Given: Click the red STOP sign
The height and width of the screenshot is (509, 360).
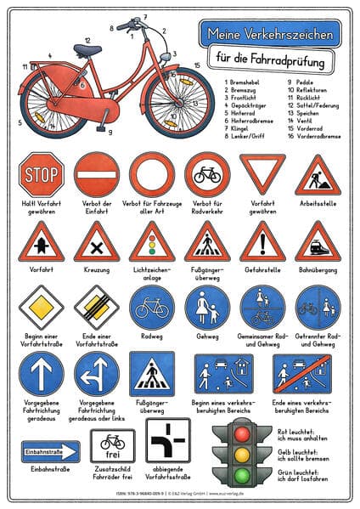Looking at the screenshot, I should (42, 174).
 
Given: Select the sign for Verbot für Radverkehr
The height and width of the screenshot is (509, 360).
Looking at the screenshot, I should (206, 174).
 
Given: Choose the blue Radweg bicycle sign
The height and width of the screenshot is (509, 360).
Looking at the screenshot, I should (151, 307).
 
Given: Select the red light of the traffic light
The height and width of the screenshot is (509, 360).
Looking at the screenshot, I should (244, 432).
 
